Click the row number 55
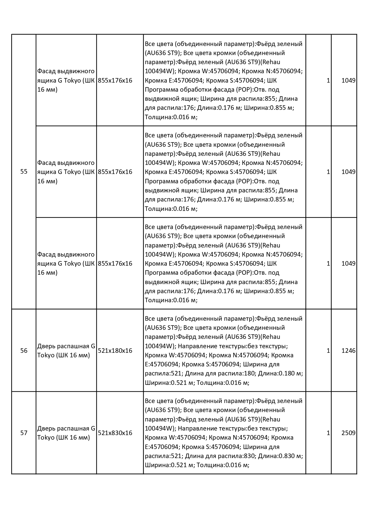pyautogui.click(x=24, y=172)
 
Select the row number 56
pyautogui.click(x=24, y=351)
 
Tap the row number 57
pyautogui.click(x=24, y=433)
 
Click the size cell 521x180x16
pyautogui.click(x=115, y=351)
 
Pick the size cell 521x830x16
pyautogui.click(x=115, y=433)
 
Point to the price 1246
pyautogui.click(x=348, y=351)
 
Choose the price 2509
pyautogui.click(x=348, y=433)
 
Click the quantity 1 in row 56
pyautogui.click(x=328, y=351)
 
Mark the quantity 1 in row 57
pyautogui.click(x=328, y=433)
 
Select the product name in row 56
pyautogui.click(x=66, y=351)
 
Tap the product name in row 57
pyautogui.click(x=66, y=433)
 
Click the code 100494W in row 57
pyautogui.click(x=158, y=428)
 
